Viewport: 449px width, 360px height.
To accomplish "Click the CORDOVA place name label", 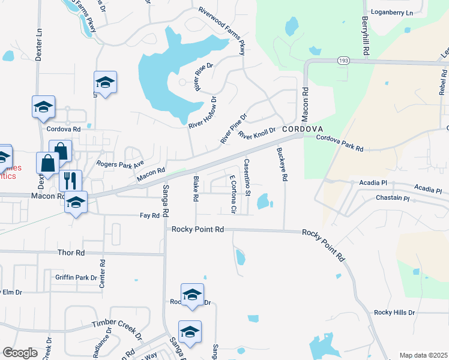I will coord(303,130).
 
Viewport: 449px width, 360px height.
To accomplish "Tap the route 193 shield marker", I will coord(343,61).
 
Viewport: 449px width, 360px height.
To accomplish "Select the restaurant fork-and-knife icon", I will coord(71,180).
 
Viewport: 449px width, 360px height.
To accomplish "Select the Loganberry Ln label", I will coord(393,13).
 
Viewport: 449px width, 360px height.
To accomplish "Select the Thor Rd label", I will coord(72,253).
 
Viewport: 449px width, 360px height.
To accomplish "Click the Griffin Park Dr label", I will coord(76,278).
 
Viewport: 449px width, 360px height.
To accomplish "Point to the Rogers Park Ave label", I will coord(120,163).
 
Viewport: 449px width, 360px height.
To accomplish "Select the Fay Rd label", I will coord(149,215).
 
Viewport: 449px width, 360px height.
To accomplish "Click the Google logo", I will coord(20,353).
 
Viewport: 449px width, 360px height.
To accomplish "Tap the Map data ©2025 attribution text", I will coord(423,355).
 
